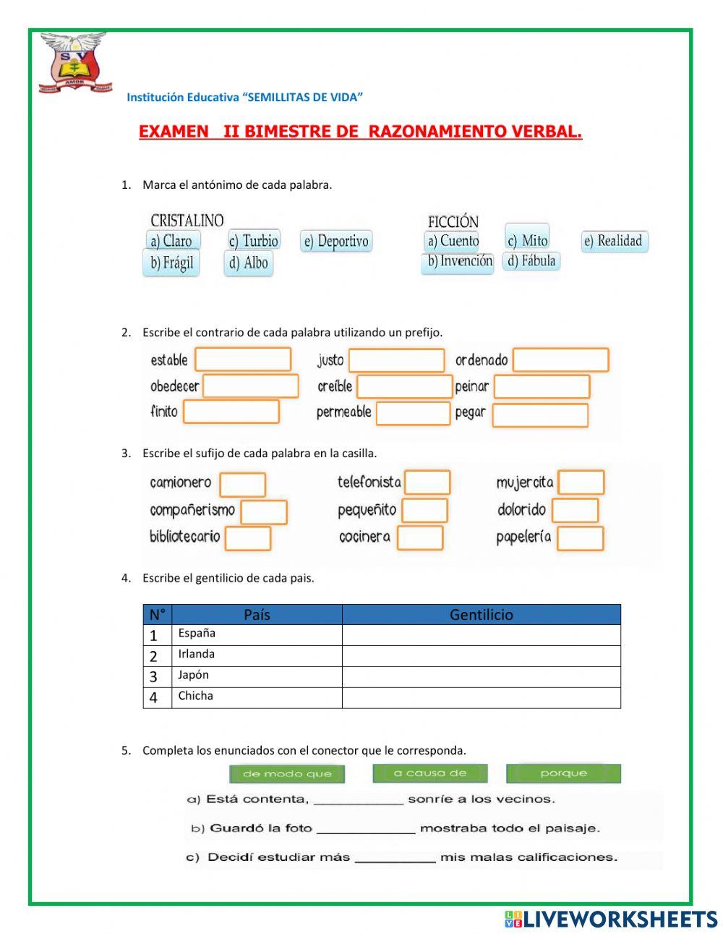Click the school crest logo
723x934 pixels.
(75, 62)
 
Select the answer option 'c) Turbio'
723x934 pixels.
(253, 241)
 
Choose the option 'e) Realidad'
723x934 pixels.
(614, 241)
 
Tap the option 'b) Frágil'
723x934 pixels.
(171, 263)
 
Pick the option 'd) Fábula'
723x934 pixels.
(531, 260)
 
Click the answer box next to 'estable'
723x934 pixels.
(243, 360)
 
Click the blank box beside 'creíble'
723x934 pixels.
(404, 386)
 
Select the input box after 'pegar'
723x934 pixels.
(539, 415)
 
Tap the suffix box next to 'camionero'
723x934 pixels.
(242, 484)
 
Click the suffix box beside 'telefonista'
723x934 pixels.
(427, 482)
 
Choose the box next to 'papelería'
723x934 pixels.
(580, 538)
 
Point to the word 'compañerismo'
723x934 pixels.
(192, 510)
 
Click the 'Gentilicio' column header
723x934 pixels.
(481, 615)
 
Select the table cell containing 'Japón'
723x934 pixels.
(257, 676)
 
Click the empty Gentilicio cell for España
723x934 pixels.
(481, 635)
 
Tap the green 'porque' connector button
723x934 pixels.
(563, 773)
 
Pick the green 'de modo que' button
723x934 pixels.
(287, 774)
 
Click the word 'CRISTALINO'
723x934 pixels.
(187, 221)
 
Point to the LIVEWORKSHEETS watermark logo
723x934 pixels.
(610, 919)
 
